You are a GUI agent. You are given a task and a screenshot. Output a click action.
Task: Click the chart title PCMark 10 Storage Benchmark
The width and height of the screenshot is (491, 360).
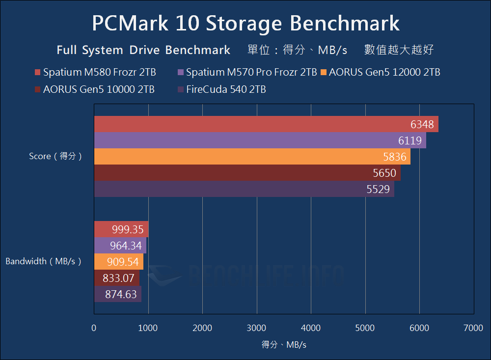tap(245, 23)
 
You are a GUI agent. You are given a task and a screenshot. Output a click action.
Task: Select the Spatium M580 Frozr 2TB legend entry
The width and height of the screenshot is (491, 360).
tap(95, 73)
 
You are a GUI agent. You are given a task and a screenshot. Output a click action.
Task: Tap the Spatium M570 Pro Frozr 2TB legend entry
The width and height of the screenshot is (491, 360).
tap(247, 73)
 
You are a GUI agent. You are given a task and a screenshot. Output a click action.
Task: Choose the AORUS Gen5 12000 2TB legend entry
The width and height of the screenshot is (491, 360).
tap(380, 73)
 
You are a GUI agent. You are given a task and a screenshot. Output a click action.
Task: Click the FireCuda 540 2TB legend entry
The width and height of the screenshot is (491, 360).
tap(221, 89)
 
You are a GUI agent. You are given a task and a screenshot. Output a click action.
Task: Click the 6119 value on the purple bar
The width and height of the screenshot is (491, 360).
tap(410, 141)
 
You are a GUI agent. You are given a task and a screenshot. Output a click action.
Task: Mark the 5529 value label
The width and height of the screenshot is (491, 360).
tap(378, 189)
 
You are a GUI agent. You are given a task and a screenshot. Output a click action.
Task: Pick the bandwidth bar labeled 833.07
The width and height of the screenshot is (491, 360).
tap(117, 278)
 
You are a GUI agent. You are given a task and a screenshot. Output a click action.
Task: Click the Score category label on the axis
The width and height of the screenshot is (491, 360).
tap(55, 156)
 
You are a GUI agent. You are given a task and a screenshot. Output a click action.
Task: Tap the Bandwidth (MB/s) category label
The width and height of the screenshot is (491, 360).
tap(43, 262)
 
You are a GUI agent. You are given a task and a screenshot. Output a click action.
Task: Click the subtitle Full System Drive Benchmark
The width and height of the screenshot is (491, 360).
tap(143, 50)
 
